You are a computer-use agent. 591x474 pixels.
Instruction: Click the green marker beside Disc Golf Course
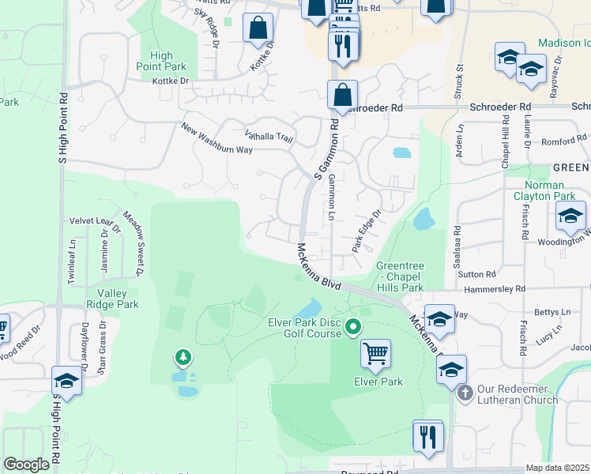pos(353,325)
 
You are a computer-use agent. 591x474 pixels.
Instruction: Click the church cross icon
pos(465,391)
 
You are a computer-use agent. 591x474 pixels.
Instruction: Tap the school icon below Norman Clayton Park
pos(570,216)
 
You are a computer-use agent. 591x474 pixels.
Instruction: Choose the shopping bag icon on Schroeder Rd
pos(342,96)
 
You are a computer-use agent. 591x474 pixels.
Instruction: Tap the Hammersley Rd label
pos(495,289)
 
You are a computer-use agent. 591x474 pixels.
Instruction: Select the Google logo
pos(26,465)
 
